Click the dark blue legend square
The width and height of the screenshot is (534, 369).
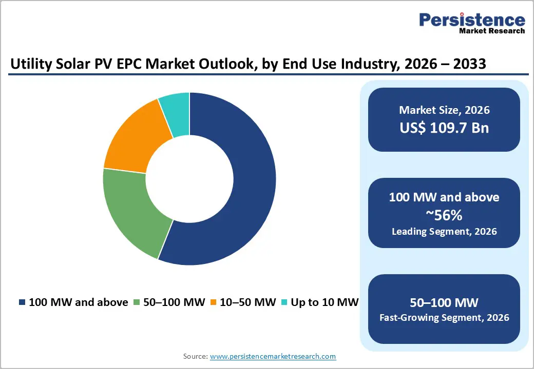click(x=22, y=302)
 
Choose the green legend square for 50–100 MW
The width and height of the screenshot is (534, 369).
click(x=137, y=302)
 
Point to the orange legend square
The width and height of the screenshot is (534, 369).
click(x=213, y=302)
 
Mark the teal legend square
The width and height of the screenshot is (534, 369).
click(x=283, y=302)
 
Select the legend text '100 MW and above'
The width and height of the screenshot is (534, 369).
click(x=78, y=302)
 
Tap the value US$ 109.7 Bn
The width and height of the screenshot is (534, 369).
click(x=444, y=128)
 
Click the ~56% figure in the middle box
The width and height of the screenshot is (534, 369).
click(x=444, y=214)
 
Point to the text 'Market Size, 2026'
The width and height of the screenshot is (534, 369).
click(x=444, y=110)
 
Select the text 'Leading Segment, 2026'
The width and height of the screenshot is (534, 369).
click(x=444, y=231)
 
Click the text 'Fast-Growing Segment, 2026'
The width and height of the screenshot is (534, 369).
click(x=444, y=318)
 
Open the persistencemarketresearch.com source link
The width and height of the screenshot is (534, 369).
click(x=273, y=356)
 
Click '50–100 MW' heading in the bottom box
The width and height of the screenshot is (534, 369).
click(x=444, y=301)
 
